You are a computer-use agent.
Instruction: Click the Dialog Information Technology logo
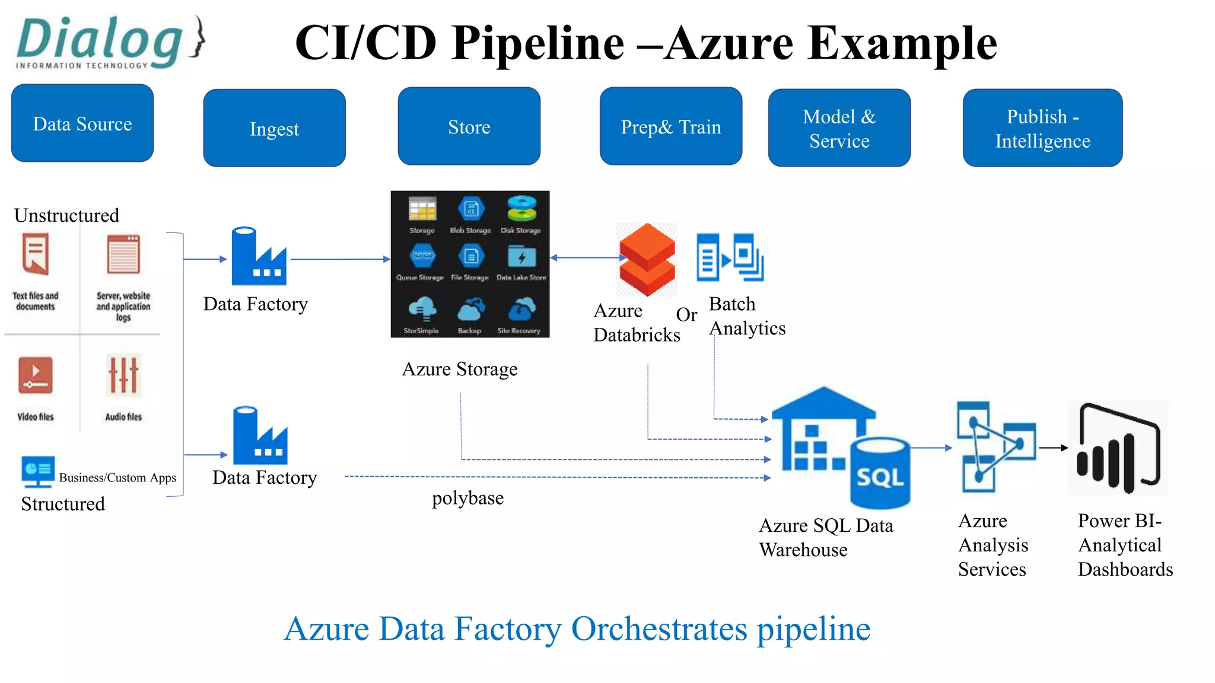(110, 43)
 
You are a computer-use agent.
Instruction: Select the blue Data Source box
(82, 123)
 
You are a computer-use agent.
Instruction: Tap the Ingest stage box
(274, 128)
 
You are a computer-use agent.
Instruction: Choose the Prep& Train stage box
(670, 126)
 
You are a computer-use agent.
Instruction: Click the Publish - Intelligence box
(1042, 128)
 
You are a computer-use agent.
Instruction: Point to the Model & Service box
(839, 128)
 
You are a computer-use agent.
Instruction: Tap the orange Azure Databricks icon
(647, 259)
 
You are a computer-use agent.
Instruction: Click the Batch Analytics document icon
(730, 257)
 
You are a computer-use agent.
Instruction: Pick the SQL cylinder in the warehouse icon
(880, 473)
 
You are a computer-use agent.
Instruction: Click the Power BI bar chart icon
(1118, 448)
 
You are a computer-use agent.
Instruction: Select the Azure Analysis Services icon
(995, 447)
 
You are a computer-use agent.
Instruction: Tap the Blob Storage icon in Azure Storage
(471, 209)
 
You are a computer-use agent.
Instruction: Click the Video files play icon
(36, 375)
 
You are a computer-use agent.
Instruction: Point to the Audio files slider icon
(123, 375)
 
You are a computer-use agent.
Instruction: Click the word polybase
(467, 498)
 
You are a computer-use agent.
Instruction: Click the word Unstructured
(66, 215)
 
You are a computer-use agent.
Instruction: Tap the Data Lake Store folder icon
(521, 257)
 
